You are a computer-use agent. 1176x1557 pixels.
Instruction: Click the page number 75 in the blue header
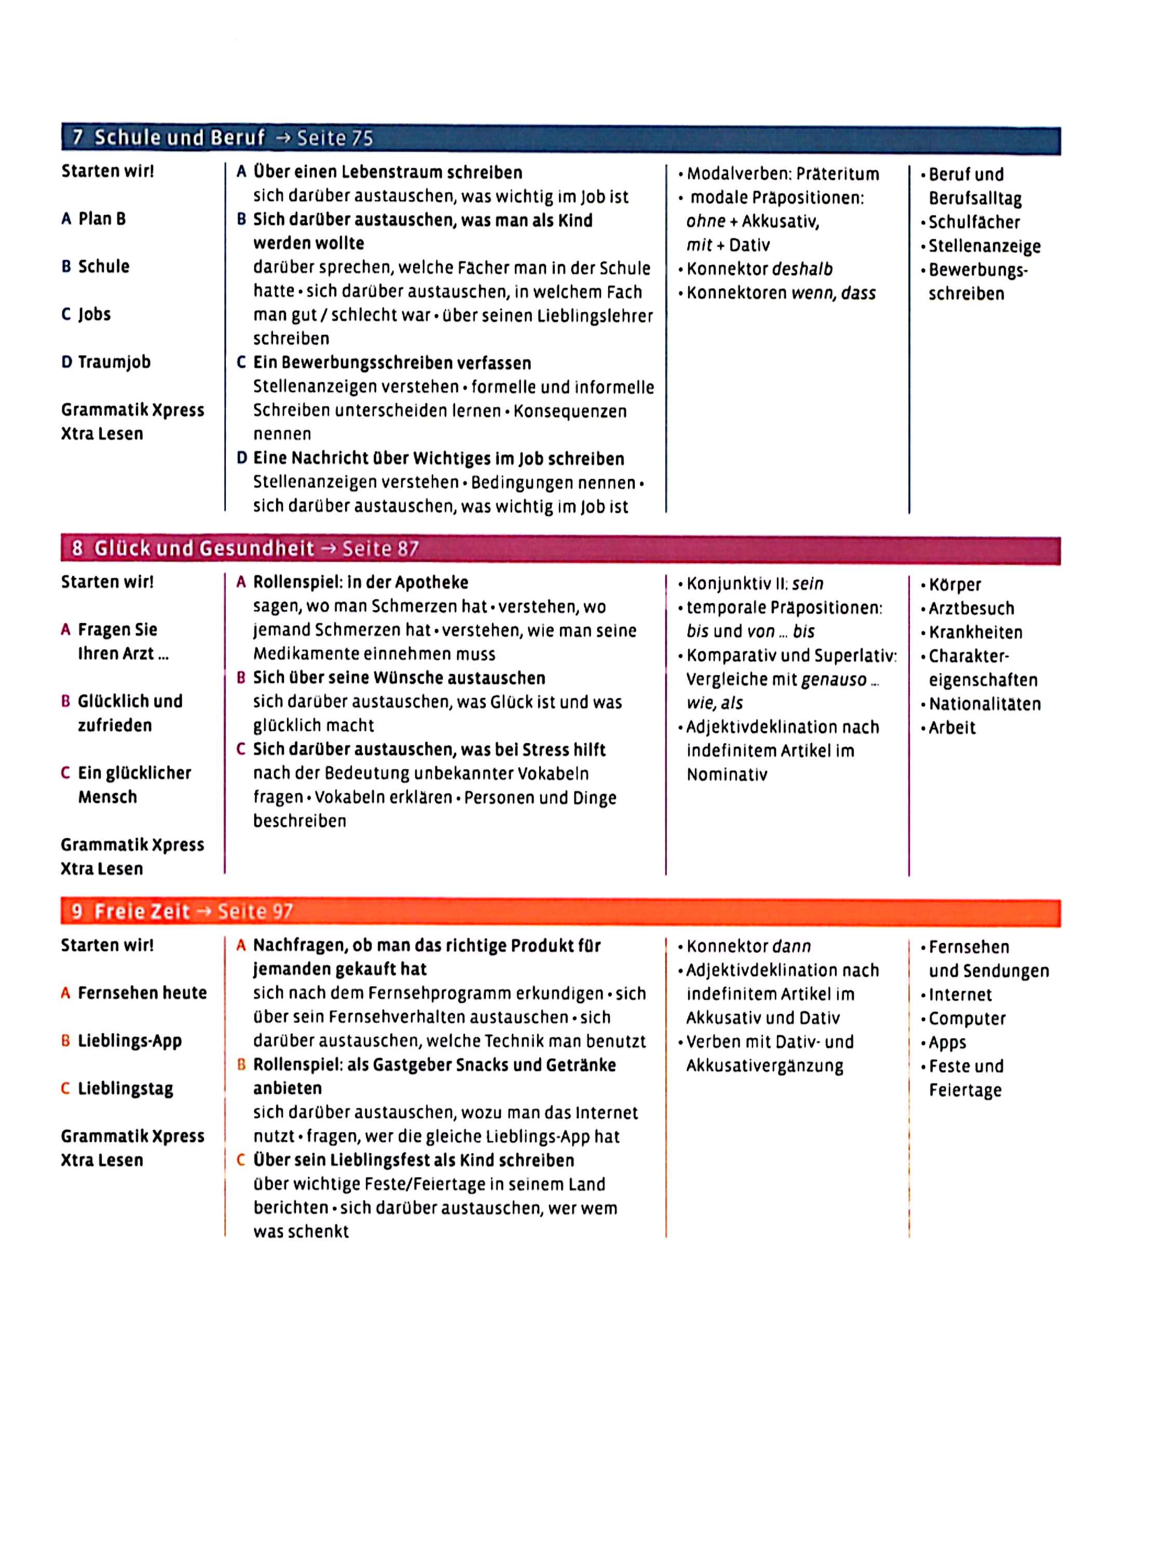pos(361,138)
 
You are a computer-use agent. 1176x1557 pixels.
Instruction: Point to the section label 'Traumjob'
pos(114,362)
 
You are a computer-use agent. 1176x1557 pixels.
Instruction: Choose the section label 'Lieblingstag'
pos(125,1088)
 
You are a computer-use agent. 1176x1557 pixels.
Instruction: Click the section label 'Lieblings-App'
pos(130,1041)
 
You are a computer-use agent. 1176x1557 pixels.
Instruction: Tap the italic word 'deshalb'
pos(802,269)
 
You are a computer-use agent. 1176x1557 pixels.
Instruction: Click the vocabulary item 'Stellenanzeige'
pos(984,247)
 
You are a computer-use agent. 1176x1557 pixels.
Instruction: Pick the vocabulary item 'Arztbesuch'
pos(971,608)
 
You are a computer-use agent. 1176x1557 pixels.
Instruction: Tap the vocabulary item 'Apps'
pos(947,1043)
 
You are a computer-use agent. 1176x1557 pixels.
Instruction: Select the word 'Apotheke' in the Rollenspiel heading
pos(431,583)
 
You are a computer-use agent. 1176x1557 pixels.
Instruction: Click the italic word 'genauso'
pos(834,679)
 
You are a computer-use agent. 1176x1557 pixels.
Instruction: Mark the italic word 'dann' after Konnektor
pos(791,947)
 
